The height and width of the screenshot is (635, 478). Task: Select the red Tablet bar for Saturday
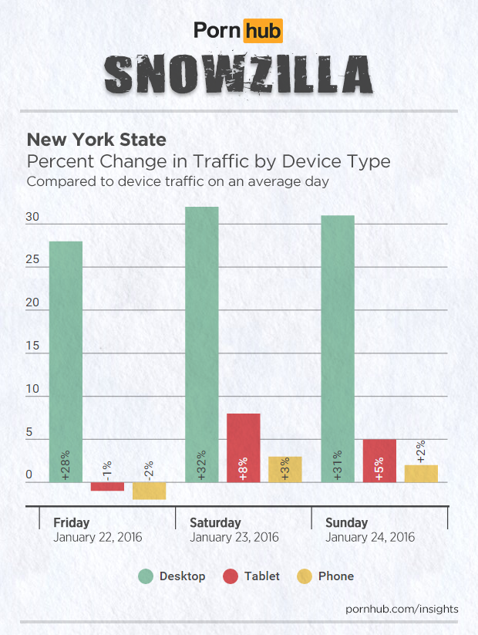tap(243, 448)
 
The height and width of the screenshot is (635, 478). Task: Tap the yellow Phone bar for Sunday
tap(421, 474)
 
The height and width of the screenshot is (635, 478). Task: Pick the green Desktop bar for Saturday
tap(201, 344)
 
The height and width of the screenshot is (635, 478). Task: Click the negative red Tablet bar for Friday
tap(107, 487)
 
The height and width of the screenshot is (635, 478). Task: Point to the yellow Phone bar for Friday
tap(149, 491)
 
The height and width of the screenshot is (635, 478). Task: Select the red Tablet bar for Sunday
tap(379, 461)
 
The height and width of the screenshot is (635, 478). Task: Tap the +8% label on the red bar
tap(244, 468)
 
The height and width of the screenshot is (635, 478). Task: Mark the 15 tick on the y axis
tap(32, 346)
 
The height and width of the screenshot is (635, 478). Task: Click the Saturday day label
tap(215, 522)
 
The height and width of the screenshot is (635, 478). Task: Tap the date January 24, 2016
tap(370, 537)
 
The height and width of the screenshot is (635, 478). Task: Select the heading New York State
tap(96, 140)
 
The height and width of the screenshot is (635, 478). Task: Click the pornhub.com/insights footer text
tap(402, 609)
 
